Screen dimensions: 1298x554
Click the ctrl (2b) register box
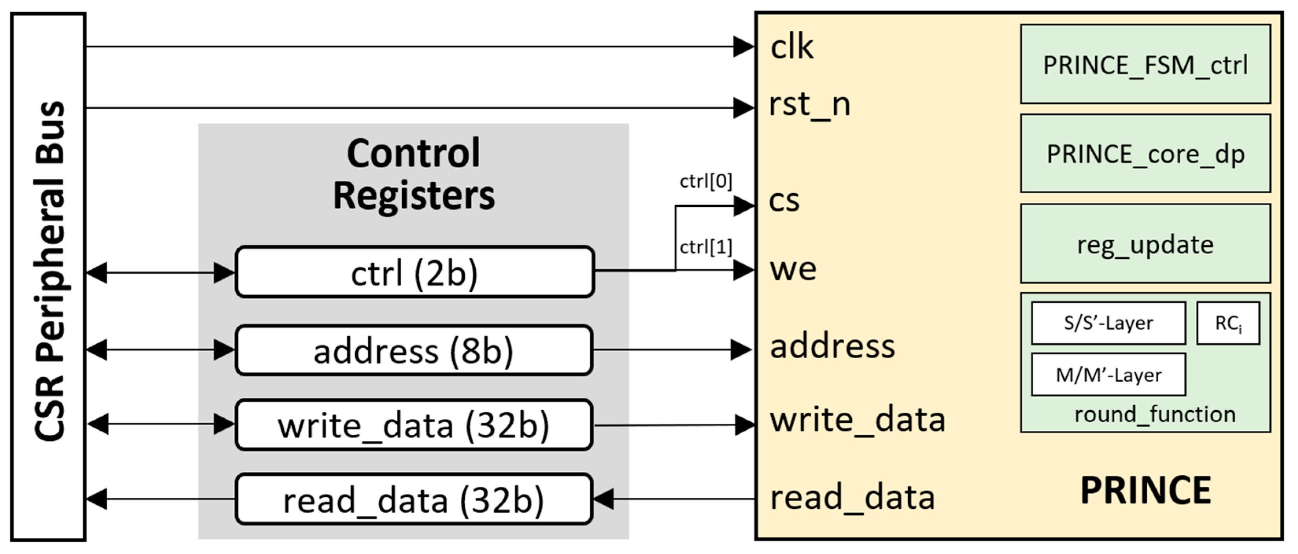click(415, 272)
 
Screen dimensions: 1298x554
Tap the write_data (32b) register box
click(414, 425)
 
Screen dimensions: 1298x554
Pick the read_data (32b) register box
click(414, 499)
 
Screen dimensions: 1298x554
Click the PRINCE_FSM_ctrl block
click(1145, 65)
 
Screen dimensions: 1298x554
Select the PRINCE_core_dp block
click(1145, 153)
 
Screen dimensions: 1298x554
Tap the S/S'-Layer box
click(1108, 323)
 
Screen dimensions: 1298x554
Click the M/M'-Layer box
click(1108, 374)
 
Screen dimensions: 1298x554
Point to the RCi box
click(1228, 323)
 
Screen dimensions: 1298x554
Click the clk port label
click(792, 47)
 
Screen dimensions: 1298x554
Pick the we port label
click(793, 269)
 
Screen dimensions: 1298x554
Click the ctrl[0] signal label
click(706, 181)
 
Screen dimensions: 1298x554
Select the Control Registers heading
click(414, 174)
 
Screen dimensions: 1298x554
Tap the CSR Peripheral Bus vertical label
click(50, 271)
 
